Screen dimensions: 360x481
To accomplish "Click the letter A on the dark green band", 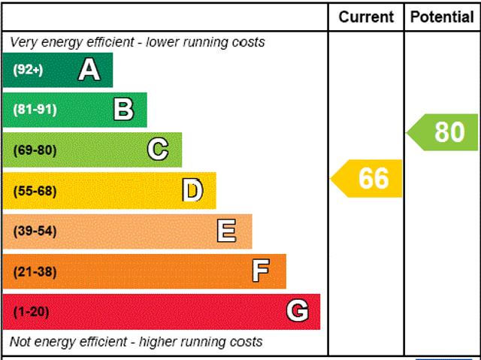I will tap(89, 70).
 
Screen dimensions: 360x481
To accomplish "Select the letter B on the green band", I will tap(123, 110).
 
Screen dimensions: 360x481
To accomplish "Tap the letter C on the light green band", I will tap(158, 150).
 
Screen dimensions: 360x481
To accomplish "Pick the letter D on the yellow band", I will tap(193, 191).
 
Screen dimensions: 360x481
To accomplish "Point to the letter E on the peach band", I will tap(226, 231).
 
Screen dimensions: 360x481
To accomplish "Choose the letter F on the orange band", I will tap(261, 271).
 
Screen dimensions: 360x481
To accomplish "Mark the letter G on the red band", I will tap(298, 311).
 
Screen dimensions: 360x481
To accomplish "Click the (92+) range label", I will tap(29, 70).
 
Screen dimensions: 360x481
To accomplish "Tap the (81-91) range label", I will tap(35, 110).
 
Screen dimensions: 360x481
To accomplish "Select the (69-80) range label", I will tap(35, 150).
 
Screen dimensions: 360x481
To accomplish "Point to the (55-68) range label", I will tap(35, 191).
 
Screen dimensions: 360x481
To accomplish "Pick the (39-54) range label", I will tap(35, 231).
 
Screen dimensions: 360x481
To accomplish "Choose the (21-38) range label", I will tap(35, 271).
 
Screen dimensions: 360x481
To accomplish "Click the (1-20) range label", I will tap(31, 312).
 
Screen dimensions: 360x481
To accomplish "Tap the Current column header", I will tap(366, 17).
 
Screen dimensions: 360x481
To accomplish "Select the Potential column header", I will tap(442, 17).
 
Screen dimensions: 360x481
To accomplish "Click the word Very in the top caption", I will tap(23, 42).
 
